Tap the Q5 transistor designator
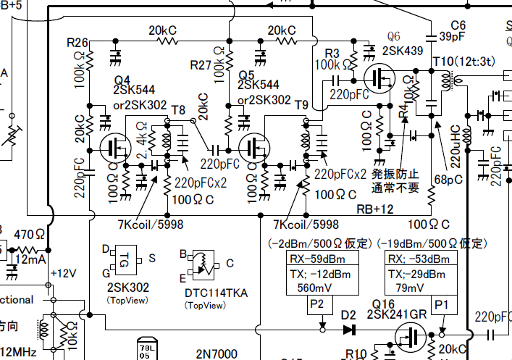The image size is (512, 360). pyautogui.click(x=247, y=73)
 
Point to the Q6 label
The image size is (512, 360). pyautogui.click(x=393, y=36)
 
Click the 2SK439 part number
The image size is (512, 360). pyautogui.click(x=402, y=51)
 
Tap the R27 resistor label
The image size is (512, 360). pyautogui.click(x=201, y=65)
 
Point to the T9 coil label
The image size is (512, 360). pyautogui.click(x=302, y=104)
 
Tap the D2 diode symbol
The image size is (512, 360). pyautogui.click(x=351, y=330)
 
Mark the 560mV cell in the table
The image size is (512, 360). pyautogui.click(x=311, y=286)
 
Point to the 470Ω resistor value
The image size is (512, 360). pyautogui.click(x=30, y=234)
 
